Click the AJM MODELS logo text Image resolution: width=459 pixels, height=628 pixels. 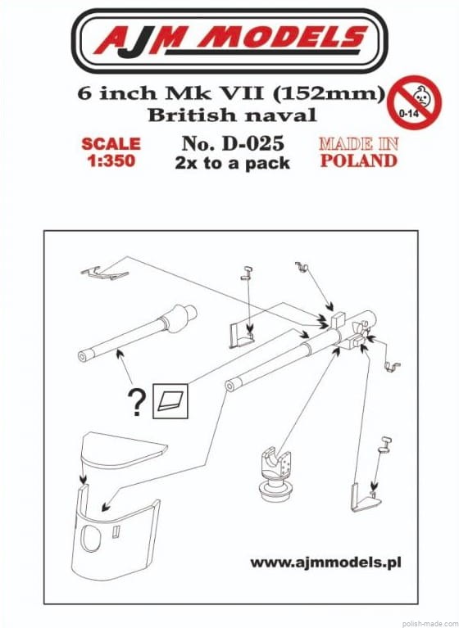[x=230, y=39]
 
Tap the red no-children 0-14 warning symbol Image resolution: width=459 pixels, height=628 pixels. [x=415, y=102]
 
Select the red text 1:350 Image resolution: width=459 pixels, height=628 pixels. [x=111, y=161]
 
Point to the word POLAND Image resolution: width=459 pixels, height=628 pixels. [x=359, y=160]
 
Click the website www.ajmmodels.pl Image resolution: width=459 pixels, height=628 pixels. [x=325, y=562]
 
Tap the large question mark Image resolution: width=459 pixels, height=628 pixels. [x=136, y=403]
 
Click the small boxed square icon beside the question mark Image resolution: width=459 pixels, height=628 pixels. [x=170, y=401]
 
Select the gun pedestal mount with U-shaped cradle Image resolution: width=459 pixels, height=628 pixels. [x=276, y=475]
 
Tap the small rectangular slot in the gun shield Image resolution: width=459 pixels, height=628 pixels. [x=116, y=532]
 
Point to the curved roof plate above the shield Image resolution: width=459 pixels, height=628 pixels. [x=124, y=450]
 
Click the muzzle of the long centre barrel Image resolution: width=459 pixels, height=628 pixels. [x=230, y=386]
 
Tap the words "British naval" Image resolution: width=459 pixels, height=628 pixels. [x=233, y=115]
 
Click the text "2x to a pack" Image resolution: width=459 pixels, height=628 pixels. [x=233, y=164]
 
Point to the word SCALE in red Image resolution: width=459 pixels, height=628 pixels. [x=111, y=144]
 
